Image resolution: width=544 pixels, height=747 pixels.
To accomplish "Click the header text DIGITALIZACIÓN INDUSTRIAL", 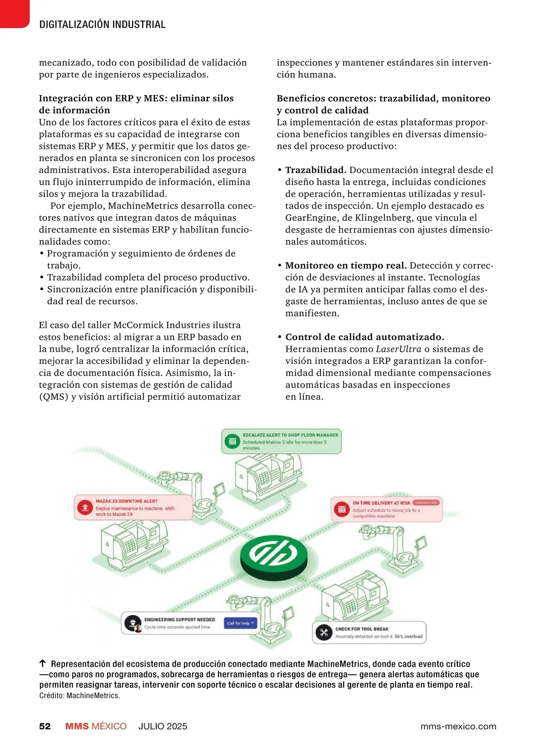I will (x=102, y=24).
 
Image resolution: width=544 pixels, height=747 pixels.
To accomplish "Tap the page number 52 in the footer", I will (x=45, y=726).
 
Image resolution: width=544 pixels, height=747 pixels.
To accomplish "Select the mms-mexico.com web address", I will (x=458, y=726).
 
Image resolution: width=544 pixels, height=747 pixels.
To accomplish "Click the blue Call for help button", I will (x=241, y=623).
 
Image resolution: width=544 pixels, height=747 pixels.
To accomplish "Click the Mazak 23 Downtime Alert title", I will (x=126, y=501).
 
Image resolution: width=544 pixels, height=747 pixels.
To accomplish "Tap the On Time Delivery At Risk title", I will (x=381, y=503).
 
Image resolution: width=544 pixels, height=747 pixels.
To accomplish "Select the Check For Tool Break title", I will (x=362, y=629).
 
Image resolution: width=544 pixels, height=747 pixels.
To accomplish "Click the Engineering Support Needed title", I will (x=180, y=619).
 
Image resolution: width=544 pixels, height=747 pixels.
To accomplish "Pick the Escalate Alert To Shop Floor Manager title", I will (x=290, y=435).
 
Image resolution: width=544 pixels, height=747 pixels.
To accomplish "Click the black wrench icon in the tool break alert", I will (x=324, y=632).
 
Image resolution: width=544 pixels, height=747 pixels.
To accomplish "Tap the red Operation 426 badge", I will (x=426, y=503).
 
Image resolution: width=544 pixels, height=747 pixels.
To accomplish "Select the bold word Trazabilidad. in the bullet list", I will (x=316, y=170).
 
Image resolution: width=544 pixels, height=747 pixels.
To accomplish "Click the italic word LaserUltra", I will (x=398, y=349).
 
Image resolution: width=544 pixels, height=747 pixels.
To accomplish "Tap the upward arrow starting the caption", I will (x=43, y=664).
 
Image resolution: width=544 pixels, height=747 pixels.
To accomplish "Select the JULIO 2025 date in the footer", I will (x=163, y=726).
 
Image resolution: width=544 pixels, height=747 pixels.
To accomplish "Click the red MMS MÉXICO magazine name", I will (x=96, y=726).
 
